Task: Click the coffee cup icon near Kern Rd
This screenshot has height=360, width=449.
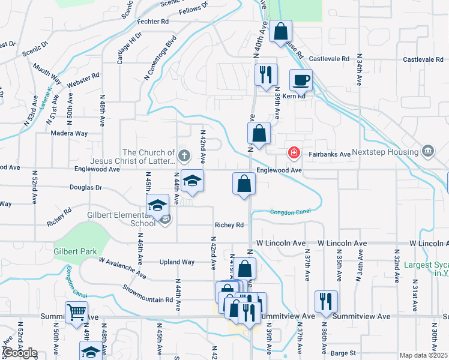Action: tap(301, 79)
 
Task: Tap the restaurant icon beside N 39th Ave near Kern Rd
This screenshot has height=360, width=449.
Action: tap(265, 75)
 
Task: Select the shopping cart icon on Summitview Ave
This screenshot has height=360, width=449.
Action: tap(77, 312)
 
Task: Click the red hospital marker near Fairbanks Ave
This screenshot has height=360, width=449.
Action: tap(294, 152)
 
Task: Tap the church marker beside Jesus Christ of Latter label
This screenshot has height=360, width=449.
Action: tap(184, 157)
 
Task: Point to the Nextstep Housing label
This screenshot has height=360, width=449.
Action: tap(389, 152)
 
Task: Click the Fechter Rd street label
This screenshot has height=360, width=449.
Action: tap(152, 22)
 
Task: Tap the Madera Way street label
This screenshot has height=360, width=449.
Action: tap(69, 133)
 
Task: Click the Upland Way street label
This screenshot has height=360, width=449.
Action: tap(176, 262)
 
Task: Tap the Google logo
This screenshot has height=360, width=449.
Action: tap(20, 353)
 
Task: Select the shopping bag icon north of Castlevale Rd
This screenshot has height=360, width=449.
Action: tap(280, 32)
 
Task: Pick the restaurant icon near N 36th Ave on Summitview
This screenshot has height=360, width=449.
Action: tap(326, 301)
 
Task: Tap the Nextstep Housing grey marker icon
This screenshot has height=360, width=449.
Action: tap(429, 150)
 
